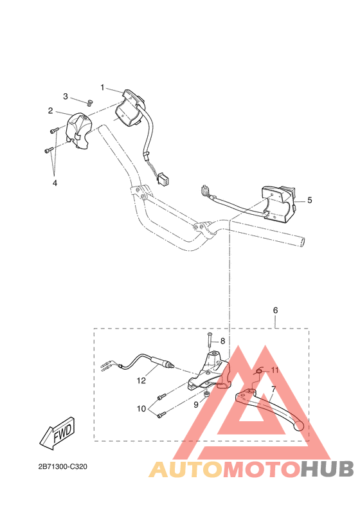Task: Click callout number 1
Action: tap(102, 87)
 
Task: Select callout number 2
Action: tap(50, 111)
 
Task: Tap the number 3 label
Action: tap(65, 96)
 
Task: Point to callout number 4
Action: tap(55, 183)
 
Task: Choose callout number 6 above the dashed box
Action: tap(276, 310)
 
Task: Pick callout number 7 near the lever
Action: tap(273, 390)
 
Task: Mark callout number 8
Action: tap(223, 341)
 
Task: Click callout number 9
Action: tap(196, 405)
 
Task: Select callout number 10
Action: tap(141, 408)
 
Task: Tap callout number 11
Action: tap(274, 370)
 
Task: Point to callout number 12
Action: tap(141, 380)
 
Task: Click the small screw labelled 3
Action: tap(90, 102)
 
